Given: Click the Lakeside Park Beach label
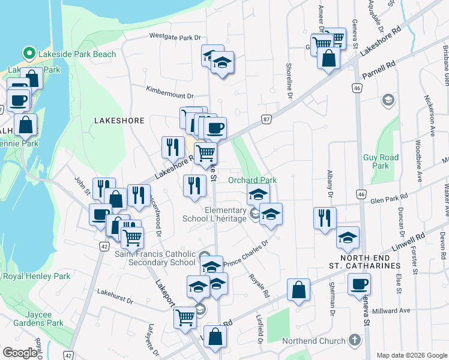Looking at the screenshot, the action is [77, 54].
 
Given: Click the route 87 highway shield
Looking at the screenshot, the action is [266, 119].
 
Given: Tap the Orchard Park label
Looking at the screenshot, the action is [252, 180].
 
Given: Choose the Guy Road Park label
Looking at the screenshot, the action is [381, 161].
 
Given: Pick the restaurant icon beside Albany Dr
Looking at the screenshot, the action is [325, 217].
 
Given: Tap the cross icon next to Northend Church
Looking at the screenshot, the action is [354, 340].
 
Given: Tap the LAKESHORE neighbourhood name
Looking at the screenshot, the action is [119, 121].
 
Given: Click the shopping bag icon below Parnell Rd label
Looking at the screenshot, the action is [329, 59].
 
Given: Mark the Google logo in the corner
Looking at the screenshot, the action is [20, 353].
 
